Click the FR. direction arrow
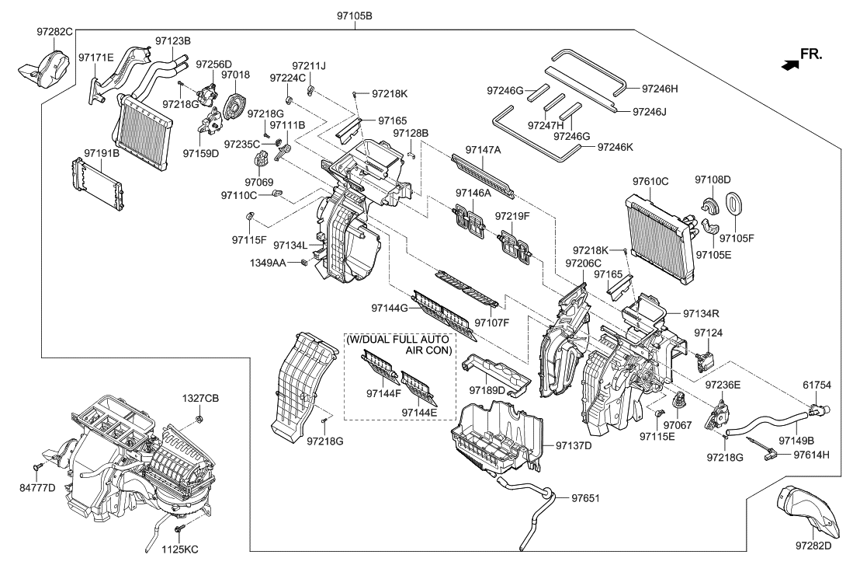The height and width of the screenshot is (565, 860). pyautogui.click(x=789, y=66)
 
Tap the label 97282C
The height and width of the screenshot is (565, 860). pyautogui.click(x=54, y=32)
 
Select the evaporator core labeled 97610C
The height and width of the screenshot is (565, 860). pyautogui.click(x=658, y=227)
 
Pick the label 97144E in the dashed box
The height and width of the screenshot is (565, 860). pyautogui.click(x=419, y=412)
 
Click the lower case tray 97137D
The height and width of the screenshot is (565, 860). pyautogui.click(x=497, y=439)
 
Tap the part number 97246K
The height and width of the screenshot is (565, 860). pyautogui.click(x=615, y=147)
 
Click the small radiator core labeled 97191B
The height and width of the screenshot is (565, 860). pyautogui.click(x=96, y=180)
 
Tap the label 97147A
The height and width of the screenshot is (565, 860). pyautogui.click(x=484, y=149)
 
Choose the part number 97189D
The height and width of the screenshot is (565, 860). pyautogui.click(x=487, y=389)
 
